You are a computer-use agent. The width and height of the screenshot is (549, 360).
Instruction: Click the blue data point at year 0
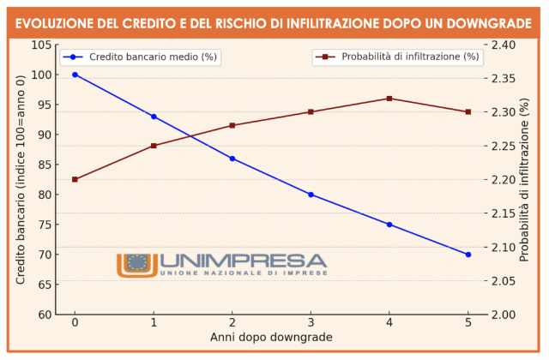[x=75, y=75]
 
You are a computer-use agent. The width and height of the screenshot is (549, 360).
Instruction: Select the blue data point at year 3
[x=311, y=195]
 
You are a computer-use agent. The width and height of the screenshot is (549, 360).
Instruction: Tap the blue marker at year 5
[x=468, y=255]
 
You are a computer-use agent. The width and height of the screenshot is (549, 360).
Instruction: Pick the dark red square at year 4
[x=389, y=99]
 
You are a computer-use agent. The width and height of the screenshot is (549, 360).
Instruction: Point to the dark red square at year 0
[x=75, y=179]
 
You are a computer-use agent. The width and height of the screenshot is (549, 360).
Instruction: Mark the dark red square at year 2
[x=232, y=125]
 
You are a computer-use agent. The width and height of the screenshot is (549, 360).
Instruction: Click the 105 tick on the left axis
[x=40, y=45]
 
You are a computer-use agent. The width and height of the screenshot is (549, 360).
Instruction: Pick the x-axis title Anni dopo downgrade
[x=271, y=338]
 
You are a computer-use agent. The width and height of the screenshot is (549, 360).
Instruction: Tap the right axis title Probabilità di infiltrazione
[x=526, y=179]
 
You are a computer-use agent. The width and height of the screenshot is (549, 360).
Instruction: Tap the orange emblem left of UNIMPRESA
[x=136, y=264]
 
